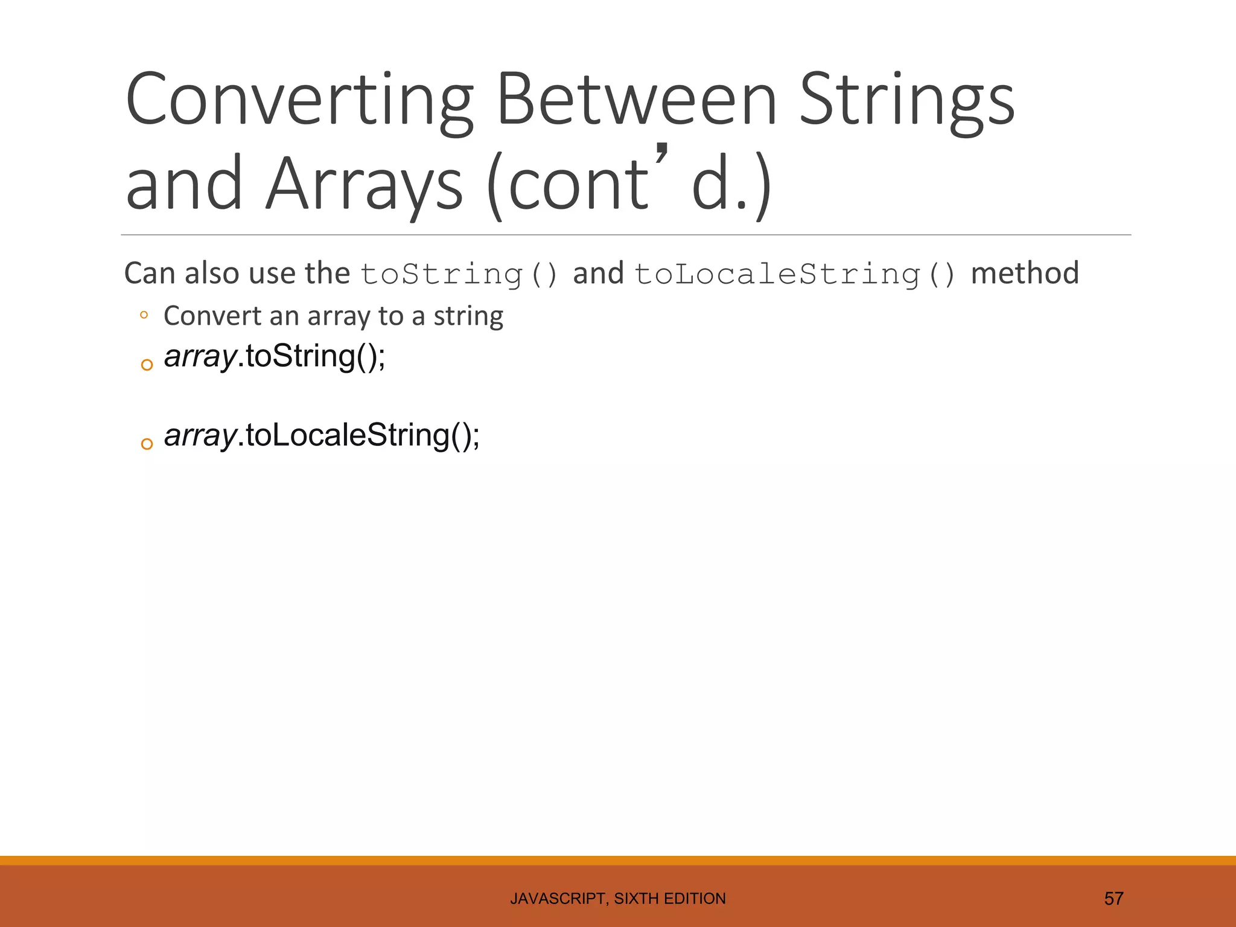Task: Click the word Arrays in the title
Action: (x=365, y=183)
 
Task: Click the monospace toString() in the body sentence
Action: (x=459, y=275)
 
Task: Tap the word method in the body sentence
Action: (x=1024, y=273)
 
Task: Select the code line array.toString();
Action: (x=275, y=356)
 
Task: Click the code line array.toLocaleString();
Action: (x=322, y=436)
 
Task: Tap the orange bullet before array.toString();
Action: (x=147, y=365)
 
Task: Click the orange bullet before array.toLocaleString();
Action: (x=147, y=444)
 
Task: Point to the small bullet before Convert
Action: (x=144, y=314)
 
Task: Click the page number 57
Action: (x=1113, y=899)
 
